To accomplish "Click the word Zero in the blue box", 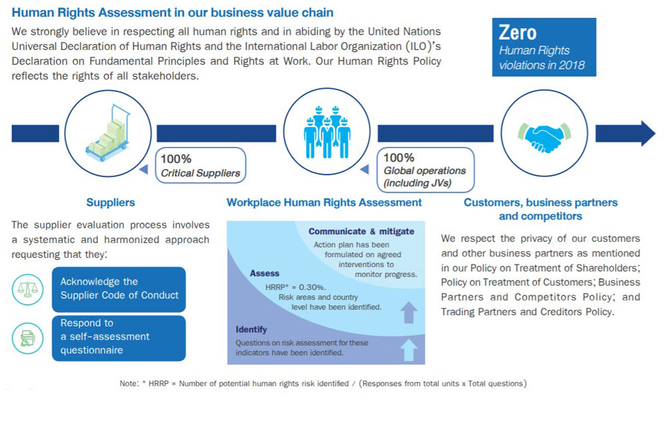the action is [x=518, y=33].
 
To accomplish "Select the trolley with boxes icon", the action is [x=108, y=133].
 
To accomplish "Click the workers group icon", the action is [x=327, y=132].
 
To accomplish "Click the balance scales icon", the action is [x=27, y=290].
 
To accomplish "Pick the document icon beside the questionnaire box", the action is [x=27, y=339].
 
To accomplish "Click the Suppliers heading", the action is [x=111, y=202].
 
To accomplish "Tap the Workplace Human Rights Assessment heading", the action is [x=324, y=202].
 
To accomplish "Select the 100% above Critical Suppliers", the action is [x=175, y=159].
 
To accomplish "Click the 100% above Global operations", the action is [x=399, y=158].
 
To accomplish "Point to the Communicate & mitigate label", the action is [x=361, y=231].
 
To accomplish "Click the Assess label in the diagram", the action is [x=265, y=273].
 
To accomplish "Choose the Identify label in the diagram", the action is [x=251, y=330].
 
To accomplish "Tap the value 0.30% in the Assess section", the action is [x=312, y=287].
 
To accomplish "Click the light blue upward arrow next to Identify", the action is [x=409, y=350].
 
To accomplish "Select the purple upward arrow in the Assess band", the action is [x=409, y=312].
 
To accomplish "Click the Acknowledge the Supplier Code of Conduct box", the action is [x=119, y=289].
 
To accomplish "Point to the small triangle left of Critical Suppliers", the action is [x=144, y=169].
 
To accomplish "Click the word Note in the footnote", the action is [x=129, y=383].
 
